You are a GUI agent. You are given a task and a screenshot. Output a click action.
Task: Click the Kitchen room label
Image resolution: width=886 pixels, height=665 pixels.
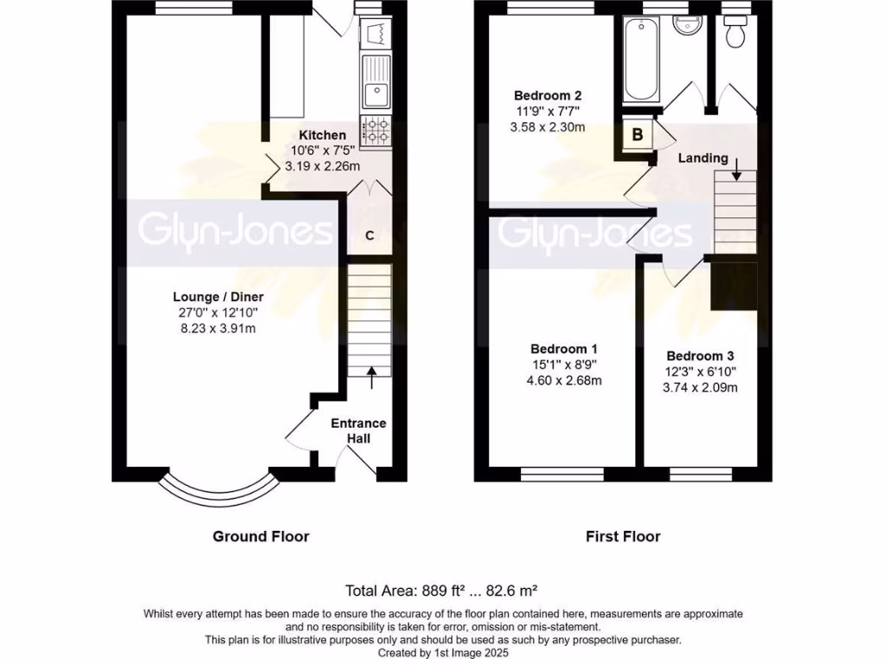tap(323, 135)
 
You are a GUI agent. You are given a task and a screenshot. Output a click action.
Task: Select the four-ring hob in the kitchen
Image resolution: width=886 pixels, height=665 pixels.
tap(376, 131)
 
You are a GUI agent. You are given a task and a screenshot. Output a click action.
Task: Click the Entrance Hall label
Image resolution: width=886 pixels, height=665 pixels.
tap(358, 430)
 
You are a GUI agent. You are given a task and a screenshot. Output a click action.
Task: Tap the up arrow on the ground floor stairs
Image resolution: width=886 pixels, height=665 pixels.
tap(372, 375)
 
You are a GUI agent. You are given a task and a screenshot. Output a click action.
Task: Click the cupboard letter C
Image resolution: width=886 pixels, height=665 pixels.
tap(369, 236)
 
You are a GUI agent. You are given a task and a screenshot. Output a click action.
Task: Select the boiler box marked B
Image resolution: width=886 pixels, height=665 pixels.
tap(637, 134)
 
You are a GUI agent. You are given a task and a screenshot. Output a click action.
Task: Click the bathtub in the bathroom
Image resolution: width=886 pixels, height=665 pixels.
tap(641, 60)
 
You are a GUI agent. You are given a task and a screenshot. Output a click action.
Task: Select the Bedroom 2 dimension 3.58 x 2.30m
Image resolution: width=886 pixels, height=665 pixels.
tap(549, 127)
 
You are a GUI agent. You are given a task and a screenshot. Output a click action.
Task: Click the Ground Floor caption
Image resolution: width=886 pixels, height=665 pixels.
tap(260, 536)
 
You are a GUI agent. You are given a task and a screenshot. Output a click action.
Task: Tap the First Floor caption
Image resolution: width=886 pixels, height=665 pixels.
tap(623, 536)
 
